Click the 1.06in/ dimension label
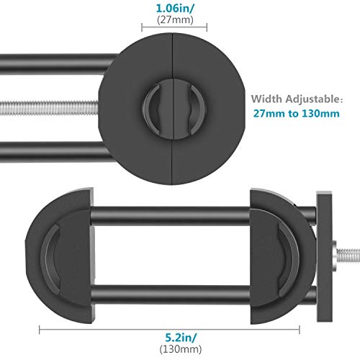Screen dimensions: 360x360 tap(175, 9)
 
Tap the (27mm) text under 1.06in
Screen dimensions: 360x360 tap(175, 19)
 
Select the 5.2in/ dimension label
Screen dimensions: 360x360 tap(181, 338)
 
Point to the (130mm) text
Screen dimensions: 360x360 tap(181, 348)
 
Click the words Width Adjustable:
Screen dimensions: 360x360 tap(297, 99)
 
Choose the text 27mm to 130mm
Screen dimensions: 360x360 tap(297, 113)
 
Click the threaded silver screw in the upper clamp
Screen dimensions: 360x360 tap(49, 108)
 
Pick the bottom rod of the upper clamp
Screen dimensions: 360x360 tap(52, 152)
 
